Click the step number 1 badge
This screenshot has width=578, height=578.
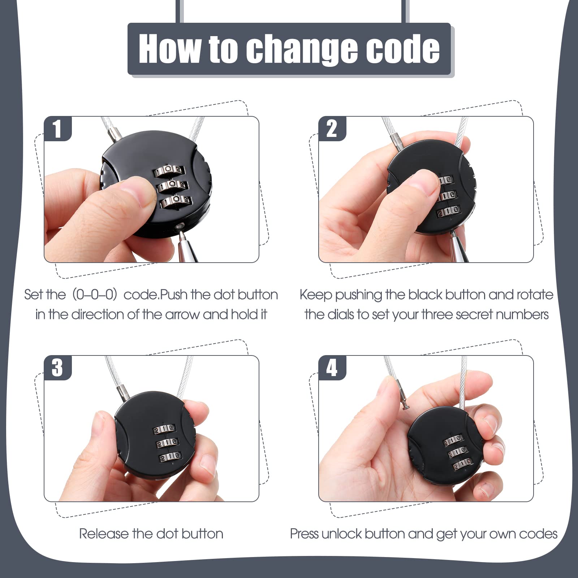pos(58,129)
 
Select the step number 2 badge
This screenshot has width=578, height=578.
pos(332,129)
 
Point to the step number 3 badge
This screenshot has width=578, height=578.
pos(58,368)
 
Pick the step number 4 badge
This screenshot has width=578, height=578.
pos(332,368)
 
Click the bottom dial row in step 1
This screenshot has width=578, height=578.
pos(176,201)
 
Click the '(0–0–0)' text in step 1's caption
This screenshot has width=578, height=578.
pos(95,295)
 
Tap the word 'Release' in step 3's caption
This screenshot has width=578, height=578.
pos(104,534)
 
